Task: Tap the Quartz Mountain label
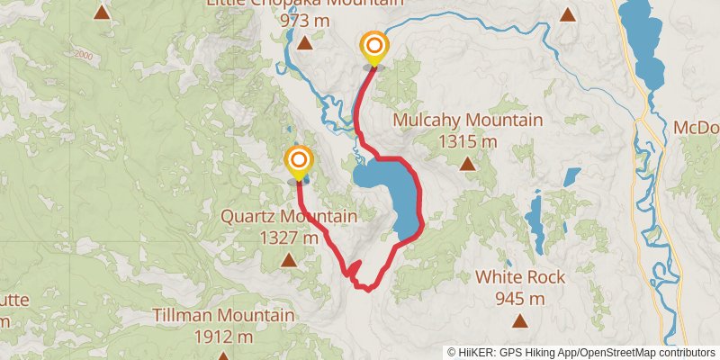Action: pos(289,216)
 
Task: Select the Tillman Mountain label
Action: pos(223,316)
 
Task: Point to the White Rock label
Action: pos(520,277)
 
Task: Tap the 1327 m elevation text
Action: pos(288,238)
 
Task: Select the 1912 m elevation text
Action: pos(223,337)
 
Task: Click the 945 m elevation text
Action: pos(519,299)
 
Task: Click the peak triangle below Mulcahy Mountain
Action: pos(467,164)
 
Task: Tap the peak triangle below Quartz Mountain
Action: pos(288,261)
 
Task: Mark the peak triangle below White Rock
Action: pos(519,321)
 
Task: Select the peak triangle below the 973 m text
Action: pos(305,42)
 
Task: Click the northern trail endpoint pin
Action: pos(373,47)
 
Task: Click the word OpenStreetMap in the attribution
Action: pos(619,352)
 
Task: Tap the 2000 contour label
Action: pos(84,55)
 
